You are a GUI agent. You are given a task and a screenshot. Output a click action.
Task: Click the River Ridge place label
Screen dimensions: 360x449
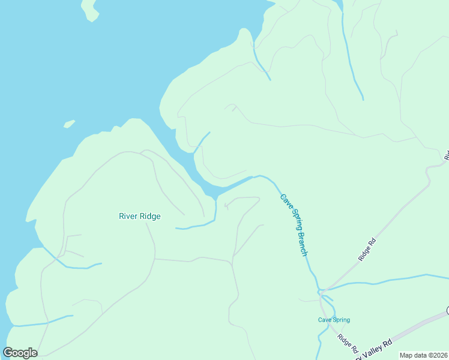tap(139, 216)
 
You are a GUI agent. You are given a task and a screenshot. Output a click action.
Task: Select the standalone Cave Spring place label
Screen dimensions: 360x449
tap(334, 320)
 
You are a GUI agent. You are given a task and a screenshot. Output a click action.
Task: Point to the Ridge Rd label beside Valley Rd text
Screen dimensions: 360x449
tap(348, 343)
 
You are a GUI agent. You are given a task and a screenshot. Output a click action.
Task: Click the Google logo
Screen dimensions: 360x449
tap(20, 353)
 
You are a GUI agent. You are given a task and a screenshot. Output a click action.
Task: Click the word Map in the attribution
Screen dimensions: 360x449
tap(406, 355)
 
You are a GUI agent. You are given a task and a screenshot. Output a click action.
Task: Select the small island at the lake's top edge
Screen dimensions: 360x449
tap(89, 9)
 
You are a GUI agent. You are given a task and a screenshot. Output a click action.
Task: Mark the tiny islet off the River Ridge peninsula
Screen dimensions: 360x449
tap(69, 124)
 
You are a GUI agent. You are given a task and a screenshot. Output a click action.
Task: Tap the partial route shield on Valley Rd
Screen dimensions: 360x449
tap(447, 310)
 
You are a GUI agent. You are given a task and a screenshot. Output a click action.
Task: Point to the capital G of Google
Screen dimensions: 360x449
tap(8, 353)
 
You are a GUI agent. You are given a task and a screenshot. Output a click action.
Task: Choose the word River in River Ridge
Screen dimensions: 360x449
tap(128, 216)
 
